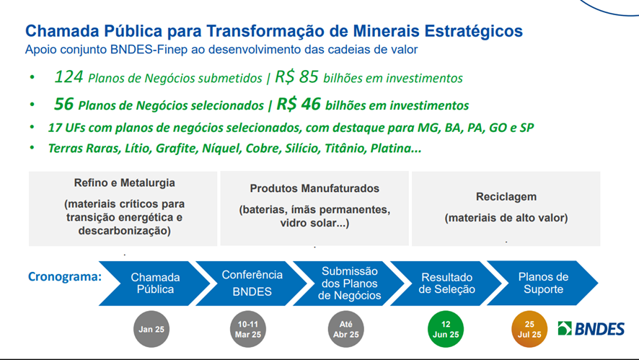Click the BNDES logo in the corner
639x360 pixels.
tap(591, 328)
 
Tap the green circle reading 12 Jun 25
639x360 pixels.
tap(446, 330)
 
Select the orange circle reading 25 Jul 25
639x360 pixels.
tap(529, 330)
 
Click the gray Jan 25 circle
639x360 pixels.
tap(151, 330)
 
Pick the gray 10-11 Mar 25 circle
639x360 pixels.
tap(248, 330)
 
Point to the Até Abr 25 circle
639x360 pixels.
tap(345, 330)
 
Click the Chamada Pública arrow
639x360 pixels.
tap(155, 284)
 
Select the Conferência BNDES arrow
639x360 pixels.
tap(252, 284)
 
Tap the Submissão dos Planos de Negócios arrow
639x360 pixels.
tap(349, 284)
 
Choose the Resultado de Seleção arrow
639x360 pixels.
tap(446, 284)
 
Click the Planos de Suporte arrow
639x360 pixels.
tap(543, 284)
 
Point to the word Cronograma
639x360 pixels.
tap(64, 277)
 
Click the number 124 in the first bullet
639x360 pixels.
tap(69, 76)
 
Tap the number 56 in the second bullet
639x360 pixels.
tap(63, 104)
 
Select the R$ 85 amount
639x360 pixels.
tap(296, 76)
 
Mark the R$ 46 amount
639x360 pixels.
tap(299, 104)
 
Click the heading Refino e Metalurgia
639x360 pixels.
tap(124, 183)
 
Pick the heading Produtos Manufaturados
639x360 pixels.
tap(314, 188)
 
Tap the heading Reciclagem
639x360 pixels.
tap(506, 196)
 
